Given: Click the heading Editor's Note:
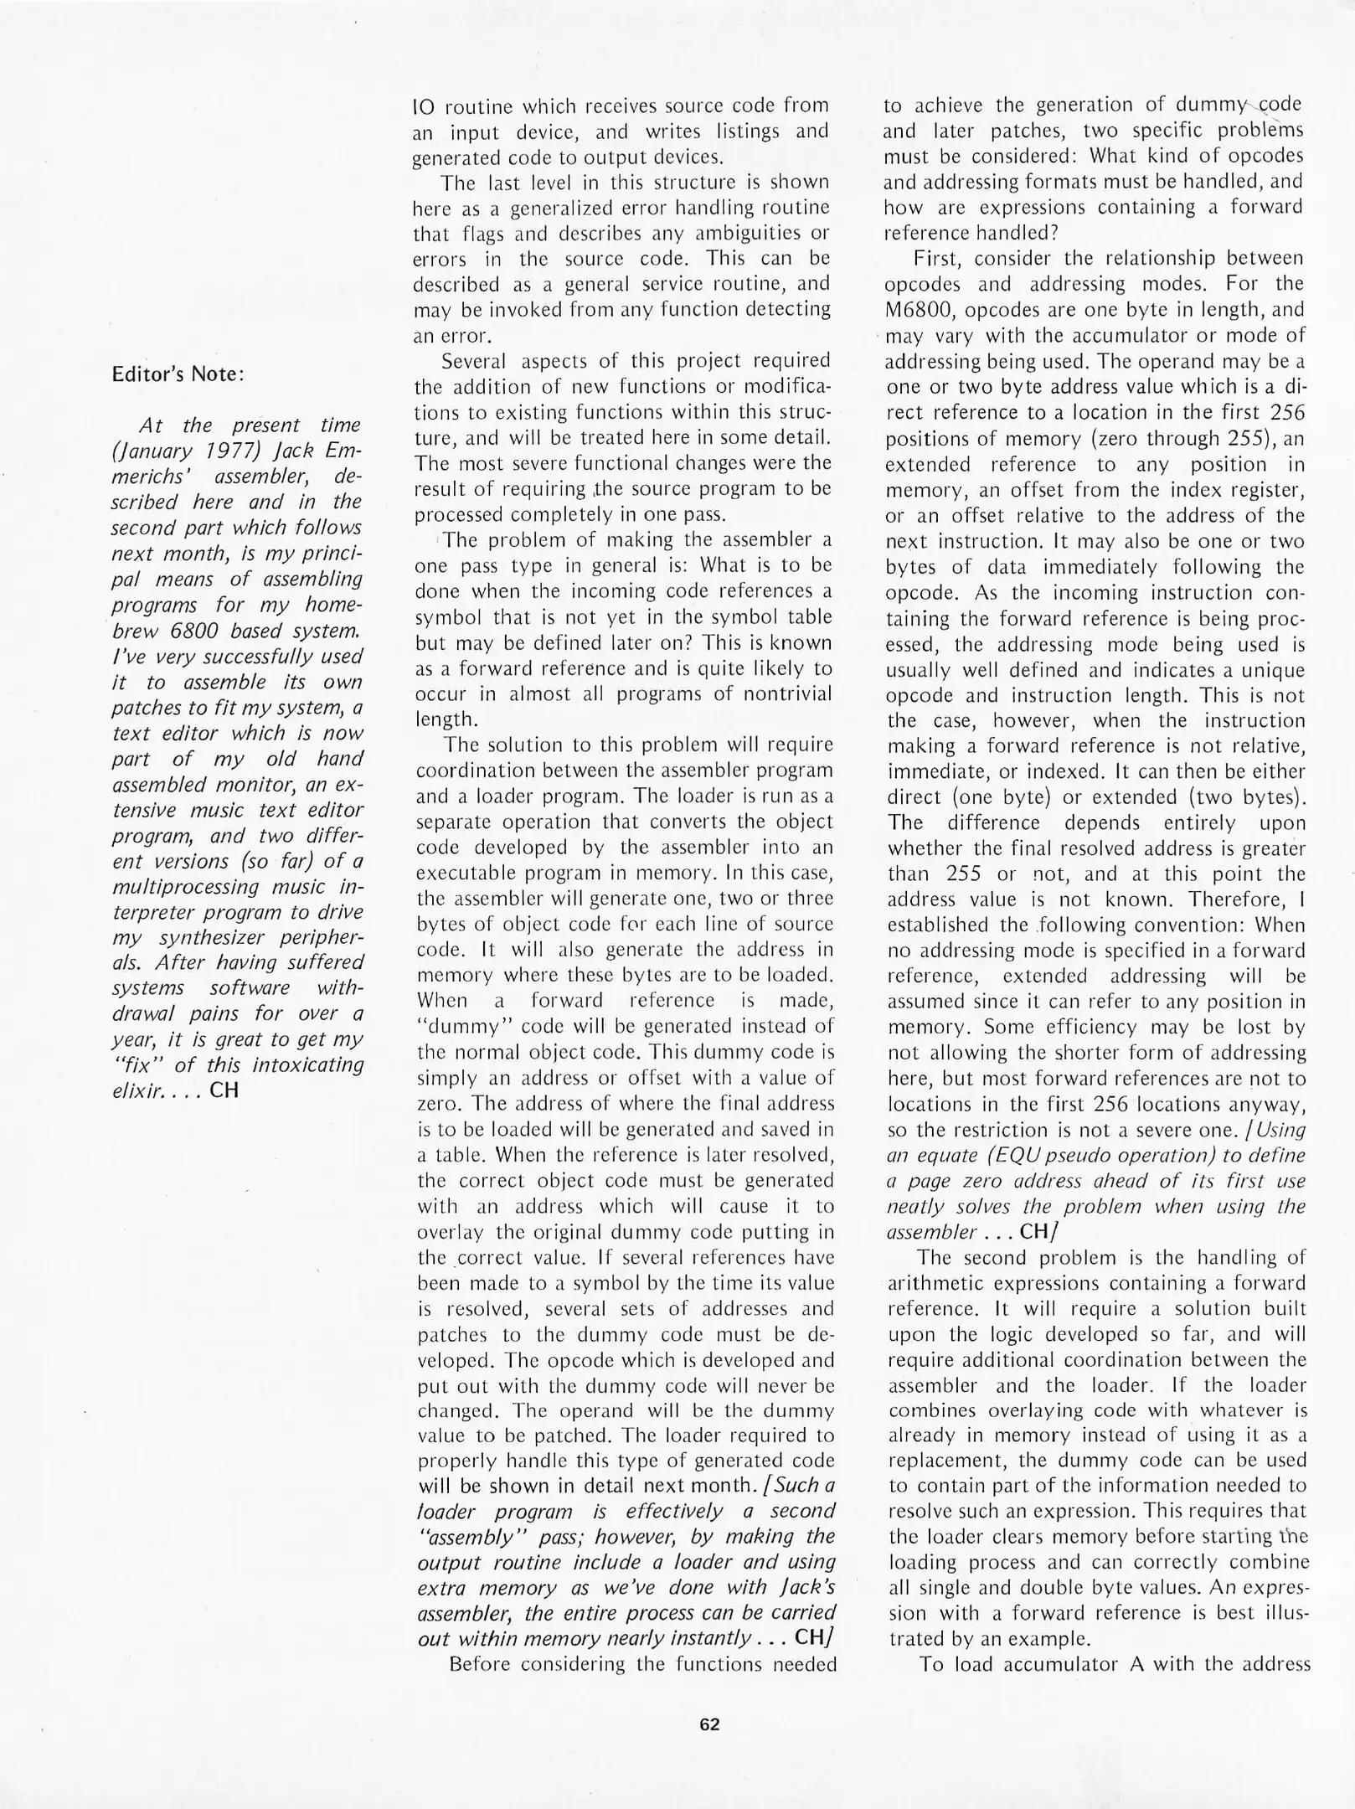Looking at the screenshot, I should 178,374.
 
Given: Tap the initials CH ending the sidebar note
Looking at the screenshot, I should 224,1090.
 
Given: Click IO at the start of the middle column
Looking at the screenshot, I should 424,107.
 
